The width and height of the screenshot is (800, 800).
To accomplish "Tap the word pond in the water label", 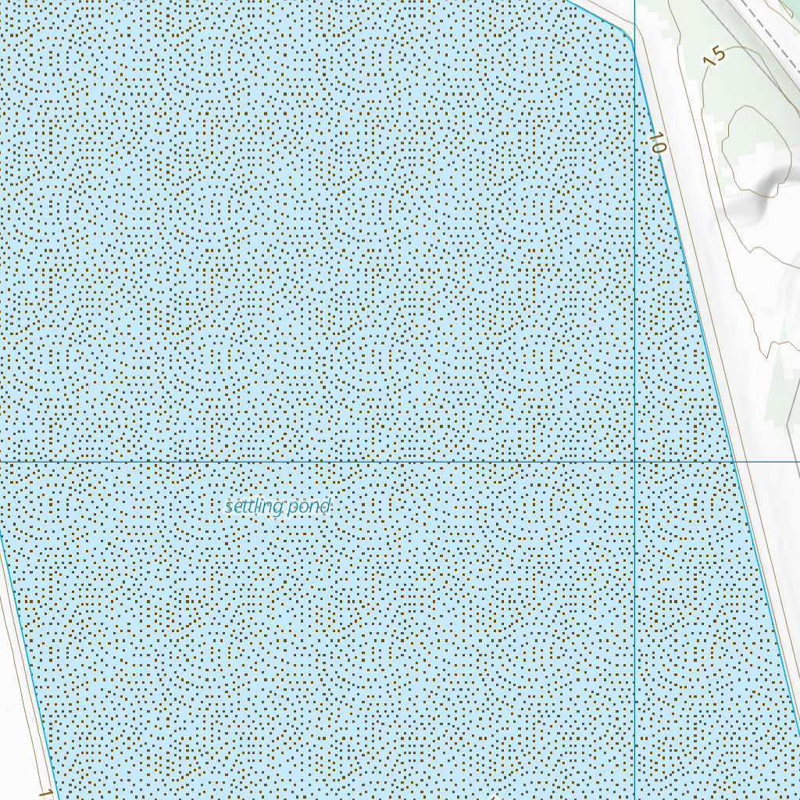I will pos(309,507).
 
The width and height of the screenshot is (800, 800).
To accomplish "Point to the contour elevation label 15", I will pos(714,56).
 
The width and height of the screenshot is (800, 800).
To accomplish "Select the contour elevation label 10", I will pos(657,143).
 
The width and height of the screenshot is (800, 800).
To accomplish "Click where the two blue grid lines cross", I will pos(635,461).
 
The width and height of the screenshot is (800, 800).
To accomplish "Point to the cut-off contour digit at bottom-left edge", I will pos(45,794).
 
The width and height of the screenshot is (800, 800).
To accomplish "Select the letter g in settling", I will pos(277,509).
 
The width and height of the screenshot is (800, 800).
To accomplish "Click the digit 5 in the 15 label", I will pos(718,53).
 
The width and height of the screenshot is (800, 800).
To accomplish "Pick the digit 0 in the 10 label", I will pos(659,147).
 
